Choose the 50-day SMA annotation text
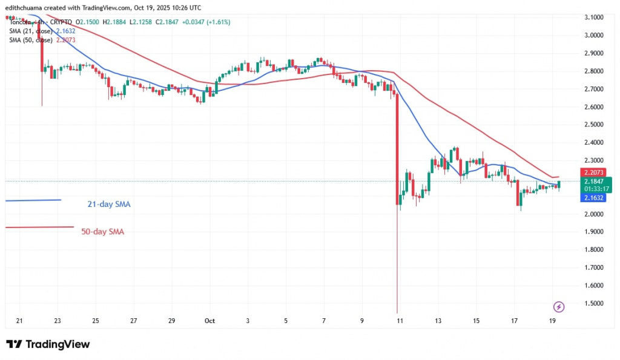[x=102, y=231]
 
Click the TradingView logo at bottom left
[x=48, y=344]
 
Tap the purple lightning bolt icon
[x=559, y=307]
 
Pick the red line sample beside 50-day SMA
[x=39, y=227]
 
